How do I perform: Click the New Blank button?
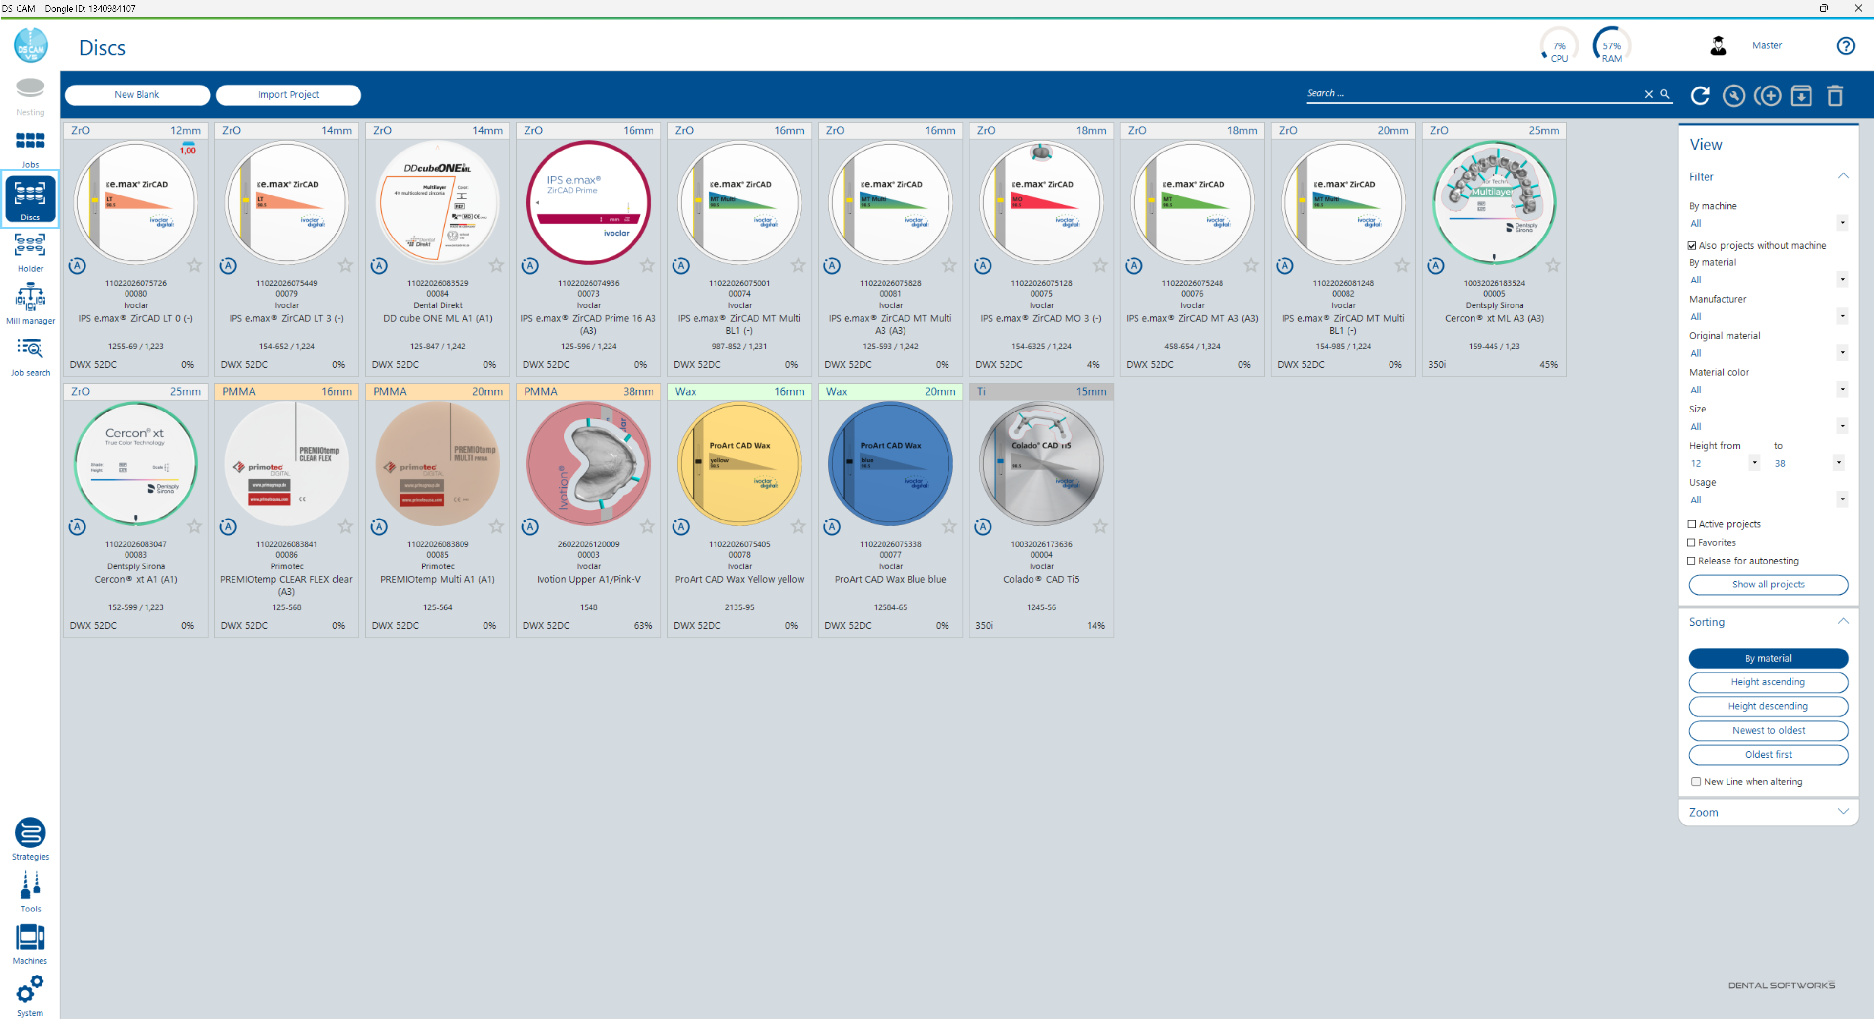[137, 95]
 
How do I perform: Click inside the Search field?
[1470, 94]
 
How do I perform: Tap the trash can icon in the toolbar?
[1835, 95]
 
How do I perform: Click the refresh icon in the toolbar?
[1700, 95]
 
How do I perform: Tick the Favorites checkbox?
[1692, 542]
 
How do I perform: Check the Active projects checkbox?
[1692, 524]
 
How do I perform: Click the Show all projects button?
[1768, 585]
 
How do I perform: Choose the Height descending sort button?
[1768, 706]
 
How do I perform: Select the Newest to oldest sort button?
[1768, 730]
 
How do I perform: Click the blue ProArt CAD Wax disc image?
[890, 464]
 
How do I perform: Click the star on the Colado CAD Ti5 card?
[1100, 526]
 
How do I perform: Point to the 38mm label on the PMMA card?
[638, 391]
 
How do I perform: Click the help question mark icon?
[1846, 46]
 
